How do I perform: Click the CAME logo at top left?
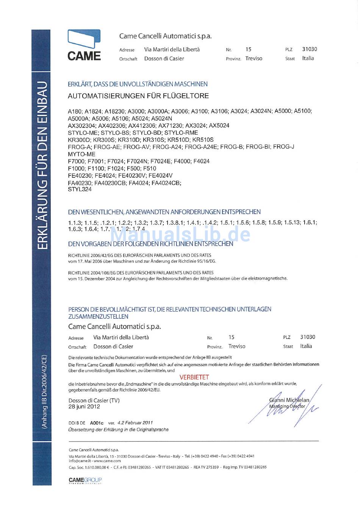(84, 45)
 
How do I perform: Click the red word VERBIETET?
(194, 377)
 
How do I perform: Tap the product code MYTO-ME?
(81, 154)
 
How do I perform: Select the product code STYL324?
(80, 189)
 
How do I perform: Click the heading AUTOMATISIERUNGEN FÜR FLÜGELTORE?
(138, 96)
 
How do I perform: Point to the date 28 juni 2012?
(84, 407)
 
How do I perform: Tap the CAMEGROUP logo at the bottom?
(85, 481)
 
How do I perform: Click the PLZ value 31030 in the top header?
(310, 49)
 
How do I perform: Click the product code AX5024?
(219, 125)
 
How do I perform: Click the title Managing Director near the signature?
(287, 406)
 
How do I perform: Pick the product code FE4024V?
(161, 175)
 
